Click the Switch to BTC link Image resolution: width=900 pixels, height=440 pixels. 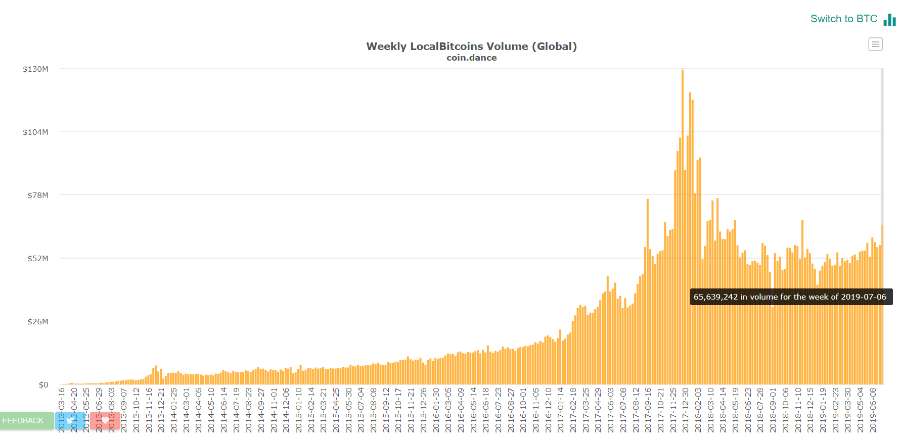843,19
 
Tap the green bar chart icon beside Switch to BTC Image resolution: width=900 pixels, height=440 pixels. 889,20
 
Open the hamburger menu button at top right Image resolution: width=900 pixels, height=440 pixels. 875,44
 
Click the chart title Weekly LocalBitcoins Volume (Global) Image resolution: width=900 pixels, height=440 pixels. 471,46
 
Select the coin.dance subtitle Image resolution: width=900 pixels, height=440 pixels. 471,58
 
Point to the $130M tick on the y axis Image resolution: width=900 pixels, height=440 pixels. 35,69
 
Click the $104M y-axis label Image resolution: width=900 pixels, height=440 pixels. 35,132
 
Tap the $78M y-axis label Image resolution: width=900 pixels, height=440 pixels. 37,195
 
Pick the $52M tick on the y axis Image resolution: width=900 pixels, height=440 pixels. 37,259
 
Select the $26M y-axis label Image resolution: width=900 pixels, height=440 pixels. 37,322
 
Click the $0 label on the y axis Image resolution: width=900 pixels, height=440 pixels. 43,385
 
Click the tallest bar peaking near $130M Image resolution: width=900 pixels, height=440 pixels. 683,227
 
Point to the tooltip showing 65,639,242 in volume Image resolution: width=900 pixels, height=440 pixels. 791,297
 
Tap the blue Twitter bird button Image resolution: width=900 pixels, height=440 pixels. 70,420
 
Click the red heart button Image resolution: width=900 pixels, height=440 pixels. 105,420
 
